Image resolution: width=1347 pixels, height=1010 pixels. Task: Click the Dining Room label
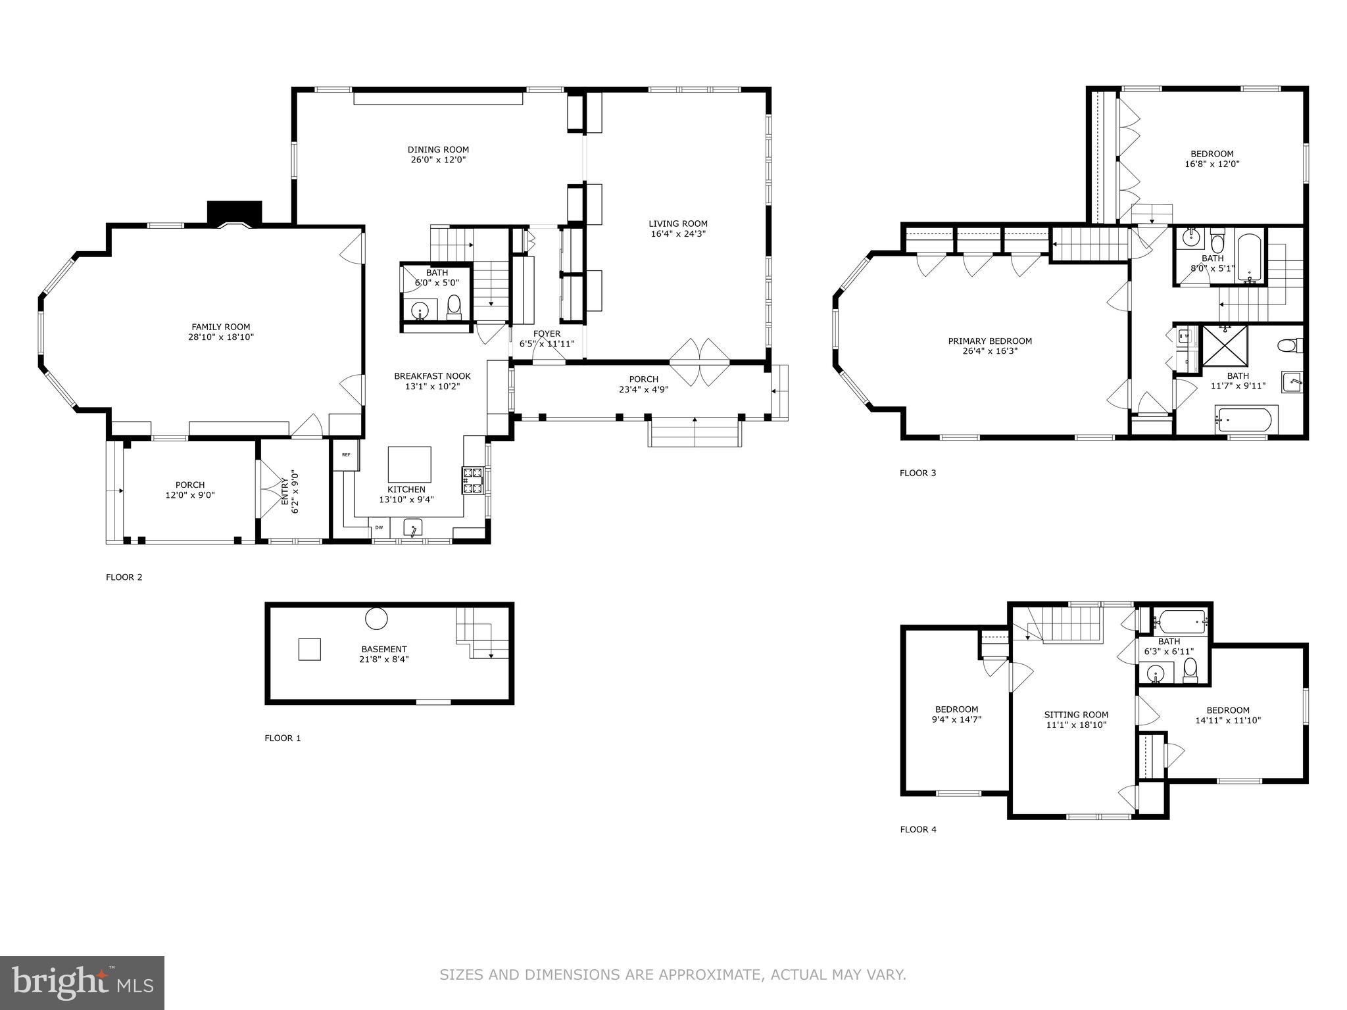click(x=438, y=150)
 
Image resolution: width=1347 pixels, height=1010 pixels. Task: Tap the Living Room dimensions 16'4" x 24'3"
click(x=678, y=234)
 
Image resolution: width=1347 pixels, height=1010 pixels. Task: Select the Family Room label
click(x=221, y=327)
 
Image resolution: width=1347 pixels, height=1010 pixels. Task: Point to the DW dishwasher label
click(x=379, y=527)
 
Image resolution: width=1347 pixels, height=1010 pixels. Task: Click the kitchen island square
click(x=409, y=464)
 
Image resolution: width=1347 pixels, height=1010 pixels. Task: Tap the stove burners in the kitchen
click(x=473, y=480)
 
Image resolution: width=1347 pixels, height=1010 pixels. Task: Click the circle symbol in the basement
click(x=376, y=618)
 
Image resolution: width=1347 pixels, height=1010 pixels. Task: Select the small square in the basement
click(x=309, y=649)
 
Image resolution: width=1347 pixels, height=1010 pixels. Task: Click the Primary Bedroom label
click(x=990, y=341)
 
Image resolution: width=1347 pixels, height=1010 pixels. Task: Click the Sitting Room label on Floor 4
click(x=1076, y=715)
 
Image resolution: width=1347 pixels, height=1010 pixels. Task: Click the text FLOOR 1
click(x=282, y=738)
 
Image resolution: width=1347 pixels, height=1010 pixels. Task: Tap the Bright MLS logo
click(x=82, y=982)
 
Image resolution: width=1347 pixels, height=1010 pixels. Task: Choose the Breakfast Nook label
click(x=432, y=376)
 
